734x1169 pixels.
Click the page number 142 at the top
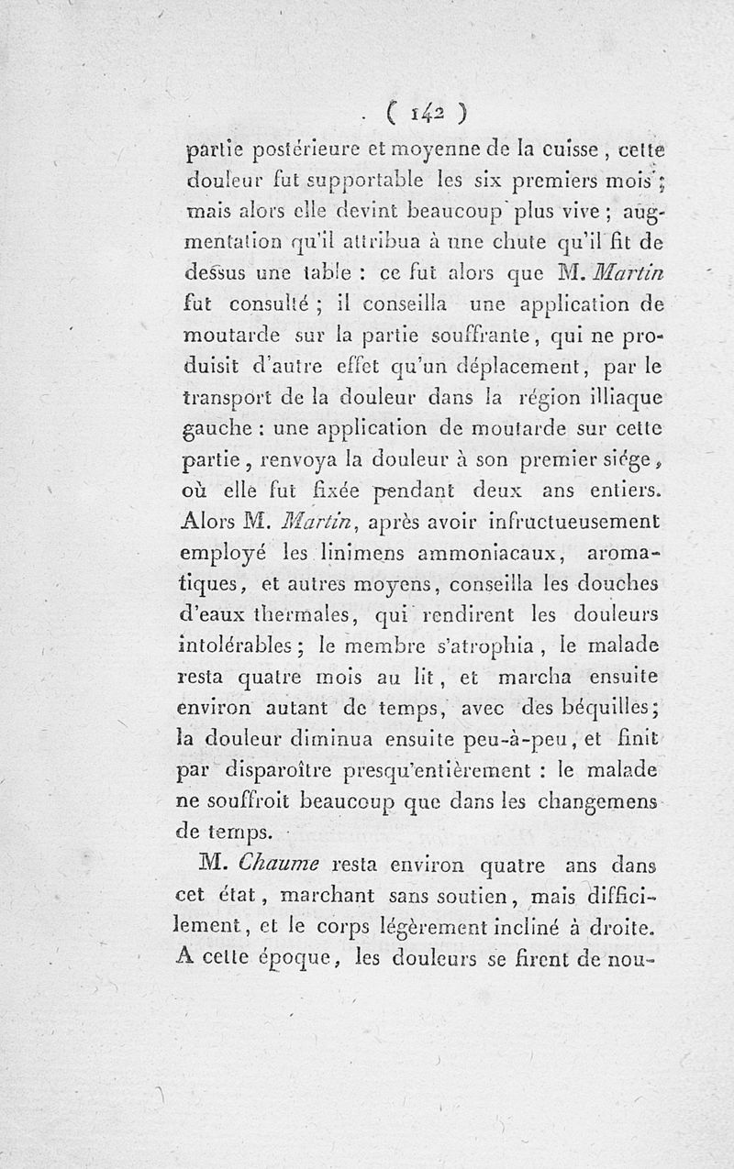tap(428, 112)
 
